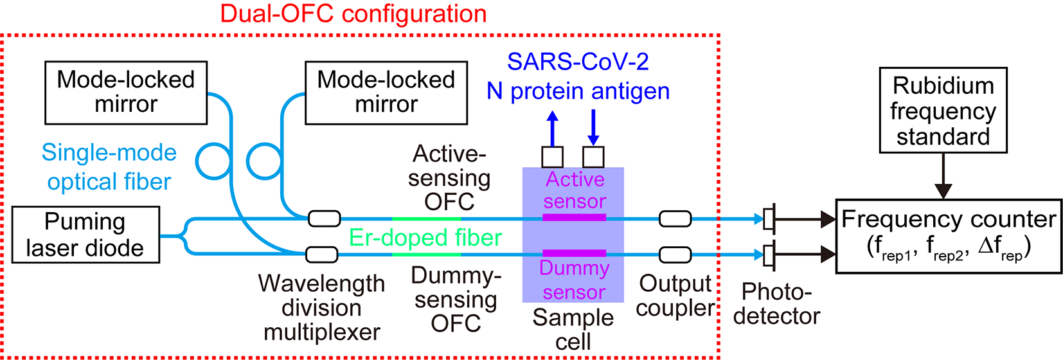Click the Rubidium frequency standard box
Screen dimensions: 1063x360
943,110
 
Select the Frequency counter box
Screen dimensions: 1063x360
949,236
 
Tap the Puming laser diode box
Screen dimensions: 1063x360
85,235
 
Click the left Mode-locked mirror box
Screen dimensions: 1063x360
126,93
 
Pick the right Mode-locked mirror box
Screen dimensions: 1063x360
386,93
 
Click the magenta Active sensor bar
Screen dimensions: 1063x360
574,217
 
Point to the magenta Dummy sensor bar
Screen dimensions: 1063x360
574,253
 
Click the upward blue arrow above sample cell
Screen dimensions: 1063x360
552,128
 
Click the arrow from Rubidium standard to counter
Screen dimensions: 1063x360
943,175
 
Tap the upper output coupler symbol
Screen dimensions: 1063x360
675,219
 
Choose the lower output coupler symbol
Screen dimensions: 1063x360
675,255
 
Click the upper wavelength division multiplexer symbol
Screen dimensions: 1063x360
324,219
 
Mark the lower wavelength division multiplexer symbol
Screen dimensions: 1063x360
322,255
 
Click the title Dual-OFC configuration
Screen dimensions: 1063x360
353,14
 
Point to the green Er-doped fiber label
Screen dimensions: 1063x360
425,237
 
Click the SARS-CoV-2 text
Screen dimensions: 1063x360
578,62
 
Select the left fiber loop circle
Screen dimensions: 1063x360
214,161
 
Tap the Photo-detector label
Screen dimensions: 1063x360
776,304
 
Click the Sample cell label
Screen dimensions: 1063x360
573,330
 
